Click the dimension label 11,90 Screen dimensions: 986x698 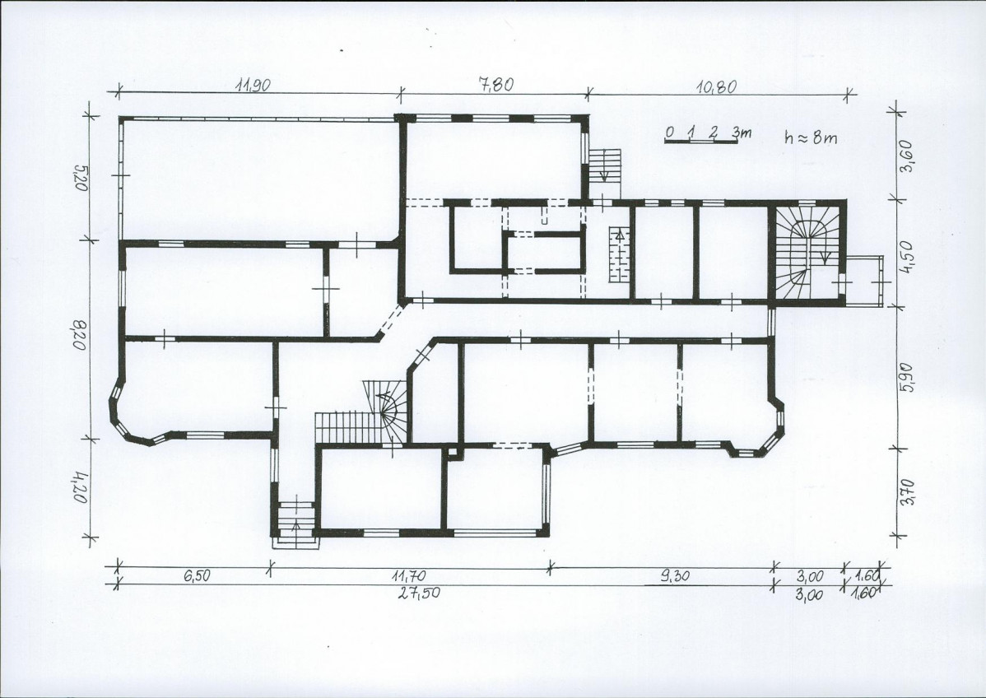point(253,86)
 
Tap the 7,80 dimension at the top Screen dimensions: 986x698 point(496,84)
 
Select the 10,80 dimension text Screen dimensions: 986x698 point(717,86)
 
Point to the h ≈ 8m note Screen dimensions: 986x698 point(812,137)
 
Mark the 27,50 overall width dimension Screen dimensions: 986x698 point(420,593)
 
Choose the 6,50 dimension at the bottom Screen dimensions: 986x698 point(197,577)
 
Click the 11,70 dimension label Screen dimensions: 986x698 point(409,575)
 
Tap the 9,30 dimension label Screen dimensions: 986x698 point(677,576)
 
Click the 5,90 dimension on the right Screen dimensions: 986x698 point(908,377)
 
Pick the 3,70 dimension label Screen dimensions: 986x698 point(908,492)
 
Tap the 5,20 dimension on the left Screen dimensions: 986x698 point(80,178)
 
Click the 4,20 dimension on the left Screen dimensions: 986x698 point(79,486)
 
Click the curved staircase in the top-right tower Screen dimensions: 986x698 point(807,251)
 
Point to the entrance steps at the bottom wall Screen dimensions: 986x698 point(295,523)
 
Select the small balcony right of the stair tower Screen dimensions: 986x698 point(864,281)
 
